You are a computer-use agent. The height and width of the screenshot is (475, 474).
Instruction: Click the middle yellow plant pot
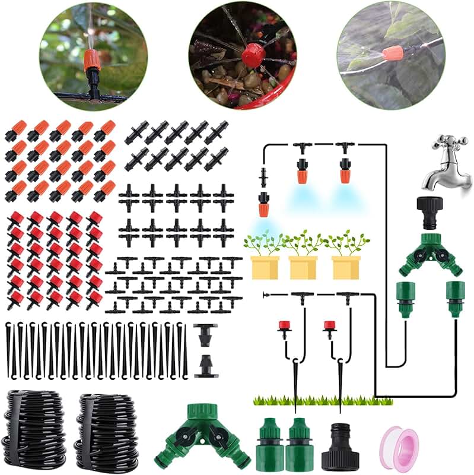303,267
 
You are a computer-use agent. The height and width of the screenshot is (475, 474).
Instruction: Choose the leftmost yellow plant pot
265,267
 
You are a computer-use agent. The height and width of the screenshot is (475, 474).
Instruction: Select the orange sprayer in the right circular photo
393,53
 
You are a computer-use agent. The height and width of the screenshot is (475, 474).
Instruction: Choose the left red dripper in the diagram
284,327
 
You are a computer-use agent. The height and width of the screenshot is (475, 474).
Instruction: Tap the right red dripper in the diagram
329,327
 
